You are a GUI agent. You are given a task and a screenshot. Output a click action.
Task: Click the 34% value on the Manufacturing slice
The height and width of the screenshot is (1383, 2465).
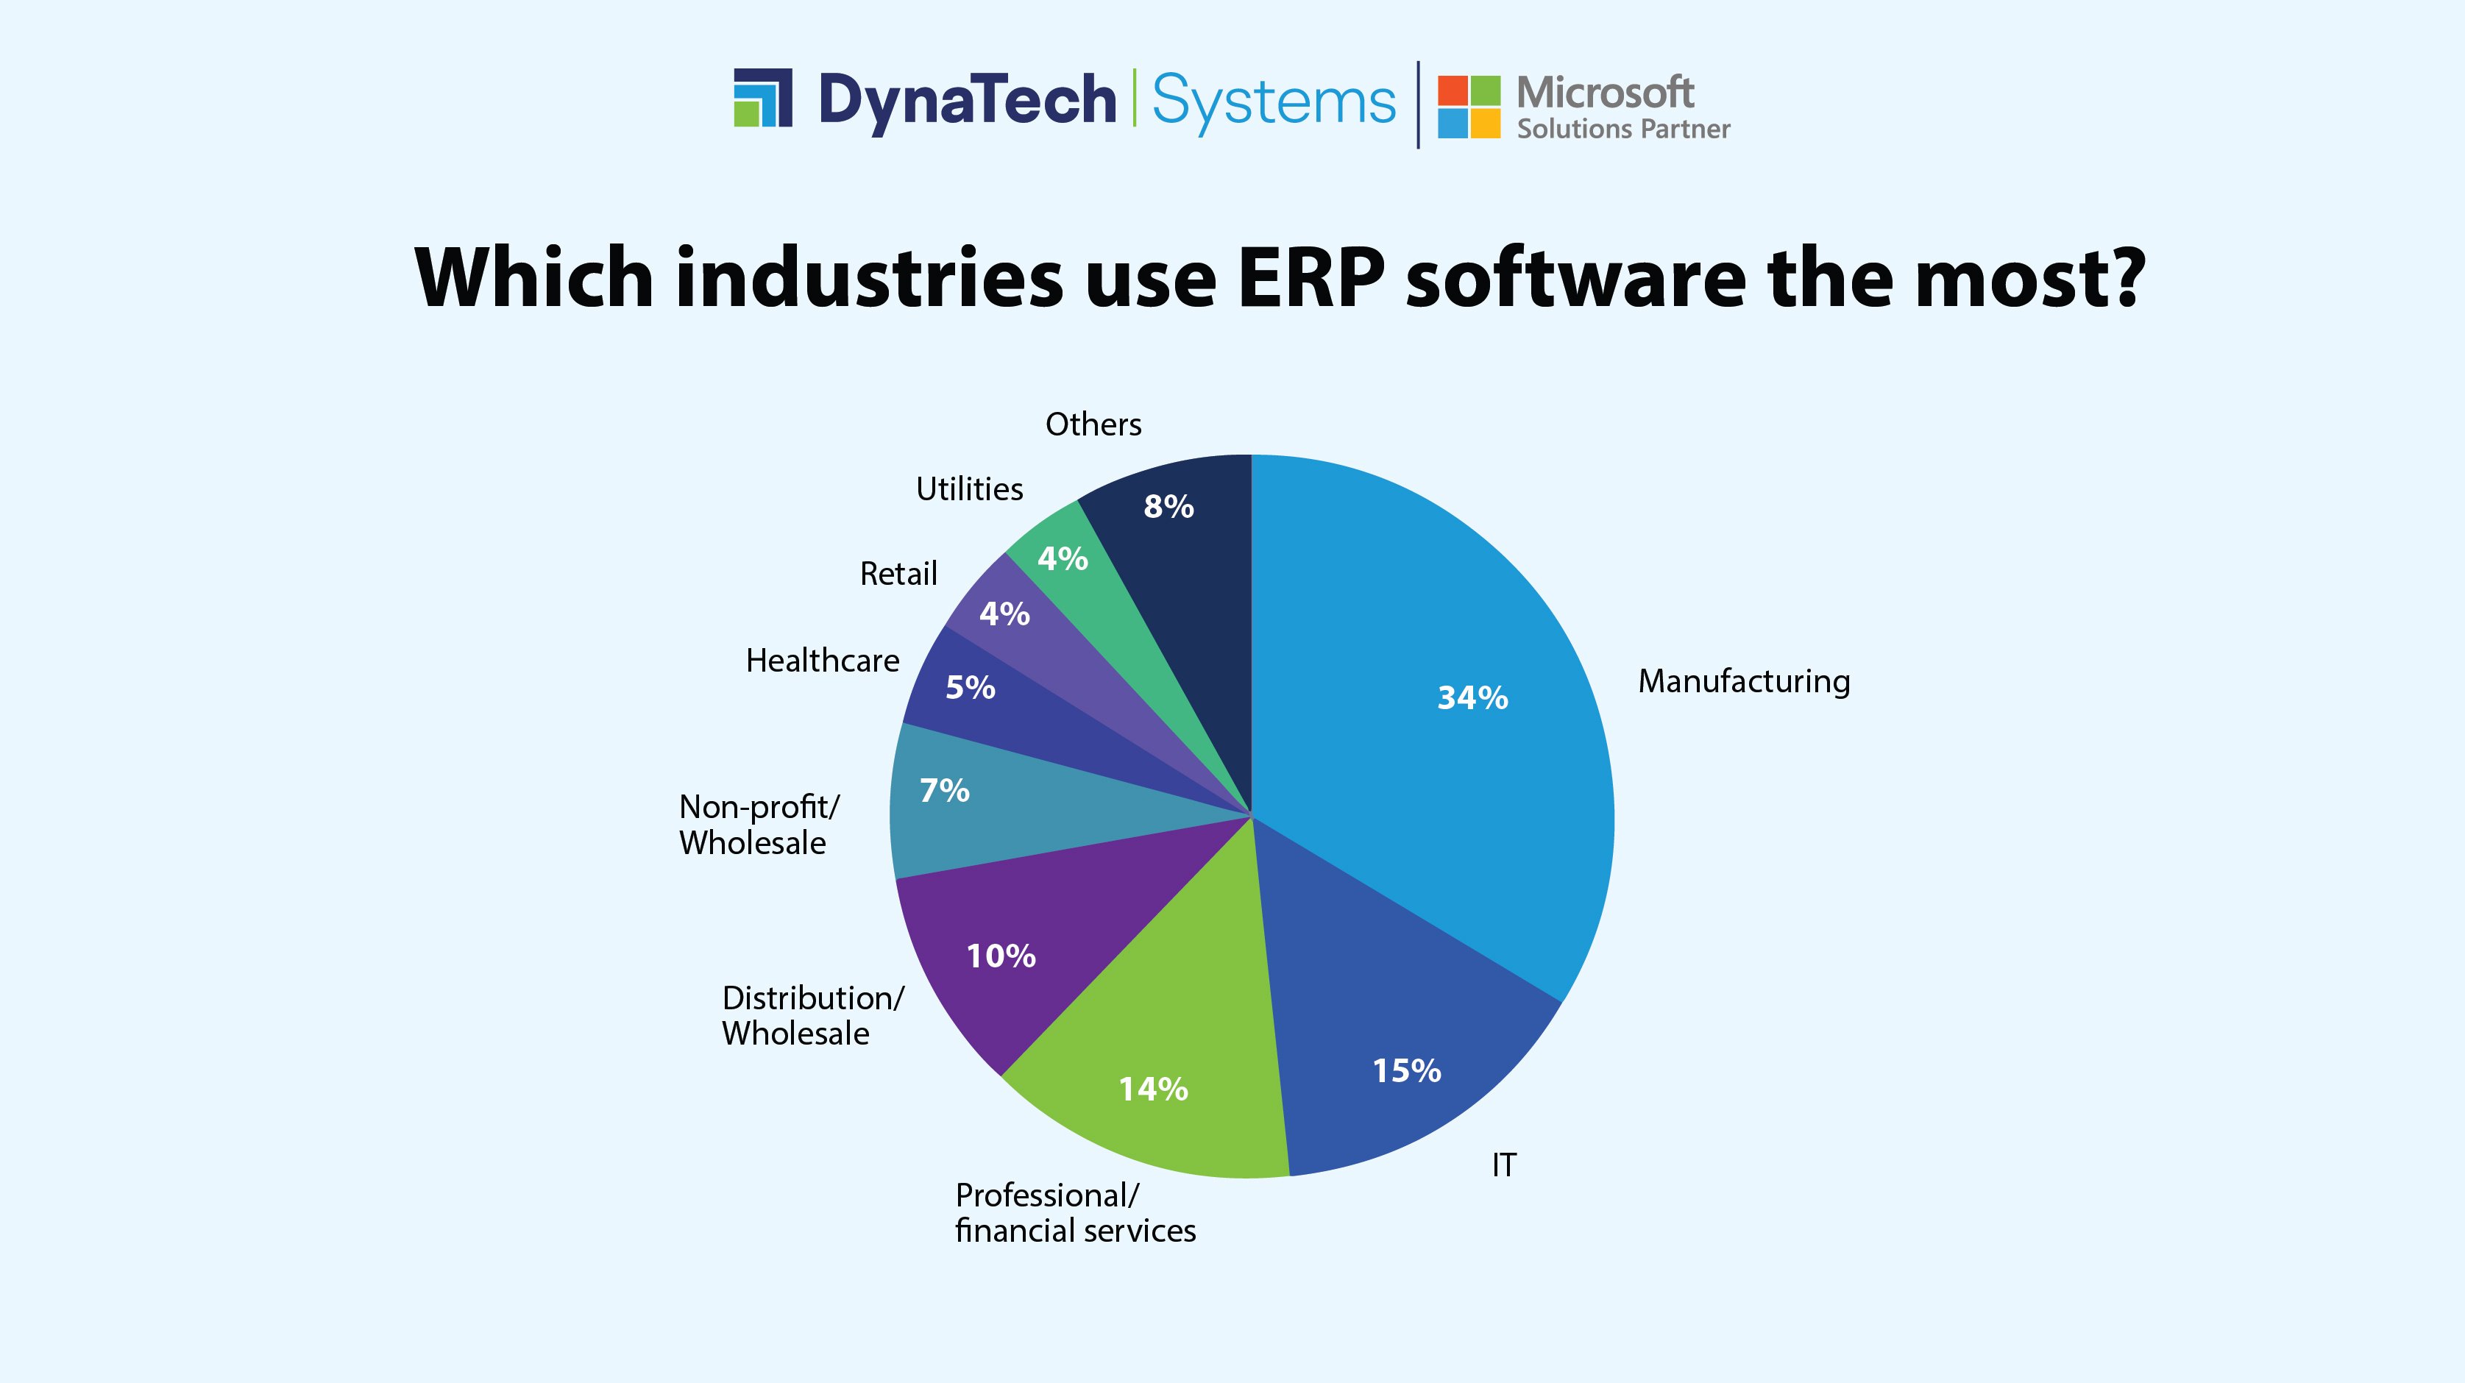point(1472,697)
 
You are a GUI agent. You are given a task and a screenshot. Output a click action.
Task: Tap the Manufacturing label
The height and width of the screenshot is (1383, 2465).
point(1743,681)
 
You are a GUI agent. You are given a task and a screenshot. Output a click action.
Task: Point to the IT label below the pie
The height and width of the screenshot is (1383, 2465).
point(1504,1165)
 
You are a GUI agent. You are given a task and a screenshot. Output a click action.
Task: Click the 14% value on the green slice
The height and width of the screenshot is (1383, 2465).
point(1153,1089)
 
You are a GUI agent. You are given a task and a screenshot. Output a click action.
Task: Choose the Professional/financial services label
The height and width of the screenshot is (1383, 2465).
point(1074,1213)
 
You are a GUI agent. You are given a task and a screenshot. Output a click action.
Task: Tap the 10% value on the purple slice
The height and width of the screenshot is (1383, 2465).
point(1001,956)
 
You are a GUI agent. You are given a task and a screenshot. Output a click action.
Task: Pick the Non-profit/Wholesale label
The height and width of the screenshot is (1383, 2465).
point(758,825)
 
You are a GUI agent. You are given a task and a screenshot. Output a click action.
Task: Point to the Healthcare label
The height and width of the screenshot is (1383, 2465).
point(822,661)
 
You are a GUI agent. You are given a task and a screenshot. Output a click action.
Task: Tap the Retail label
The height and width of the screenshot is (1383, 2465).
point(898,574)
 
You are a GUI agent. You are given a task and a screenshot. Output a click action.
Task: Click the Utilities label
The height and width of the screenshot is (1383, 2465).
point(969,488)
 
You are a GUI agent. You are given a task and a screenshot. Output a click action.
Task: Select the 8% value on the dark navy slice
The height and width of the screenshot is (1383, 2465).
point(1168,506)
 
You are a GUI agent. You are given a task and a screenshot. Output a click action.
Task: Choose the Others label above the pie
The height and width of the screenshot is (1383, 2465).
point(1093,424)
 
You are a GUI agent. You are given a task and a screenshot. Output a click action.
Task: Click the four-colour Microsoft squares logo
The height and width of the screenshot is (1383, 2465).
point(1469,106)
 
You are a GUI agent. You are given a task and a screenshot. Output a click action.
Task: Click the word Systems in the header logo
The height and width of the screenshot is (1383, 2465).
point(1274,102)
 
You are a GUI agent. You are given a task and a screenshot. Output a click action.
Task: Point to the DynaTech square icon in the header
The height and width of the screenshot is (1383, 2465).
point(762,98)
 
